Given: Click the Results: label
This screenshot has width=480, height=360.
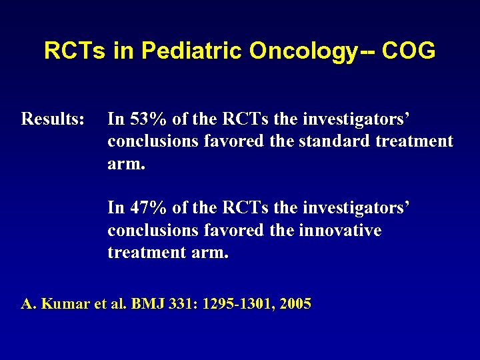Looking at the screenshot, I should click(x=53, y=119).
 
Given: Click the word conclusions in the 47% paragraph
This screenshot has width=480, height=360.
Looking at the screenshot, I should click(x=151, y=231).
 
